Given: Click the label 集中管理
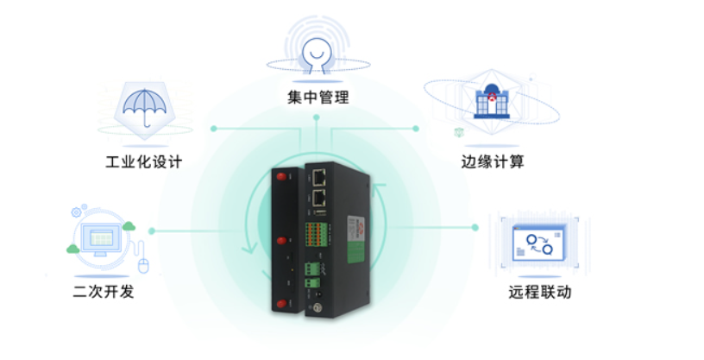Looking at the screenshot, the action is (317, 97).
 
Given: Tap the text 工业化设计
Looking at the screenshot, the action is (144, 161).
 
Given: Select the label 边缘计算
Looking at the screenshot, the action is (493, 161).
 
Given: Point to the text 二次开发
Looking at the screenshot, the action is (104, 291).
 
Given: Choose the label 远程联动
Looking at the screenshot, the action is (540, 292).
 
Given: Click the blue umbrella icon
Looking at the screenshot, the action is (145, 107).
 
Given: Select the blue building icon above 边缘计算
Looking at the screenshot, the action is (492, 101).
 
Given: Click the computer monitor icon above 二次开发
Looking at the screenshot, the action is (102, 239).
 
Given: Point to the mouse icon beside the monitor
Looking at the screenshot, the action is (143, 266).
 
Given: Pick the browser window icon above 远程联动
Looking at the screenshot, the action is (539, 243).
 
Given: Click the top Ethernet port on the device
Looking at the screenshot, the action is (319, 178).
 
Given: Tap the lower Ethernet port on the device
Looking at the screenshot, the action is (319, 198).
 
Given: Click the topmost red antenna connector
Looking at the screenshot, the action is (281, 176).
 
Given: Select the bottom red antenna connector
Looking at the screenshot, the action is (281, 304).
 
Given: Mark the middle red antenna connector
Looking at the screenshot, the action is (281, 241).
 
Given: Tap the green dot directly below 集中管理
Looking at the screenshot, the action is (317, 117).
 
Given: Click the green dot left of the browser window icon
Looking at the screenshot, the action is (475, 227).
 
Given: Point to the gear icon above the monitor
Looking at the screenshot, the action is (76, 212).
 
